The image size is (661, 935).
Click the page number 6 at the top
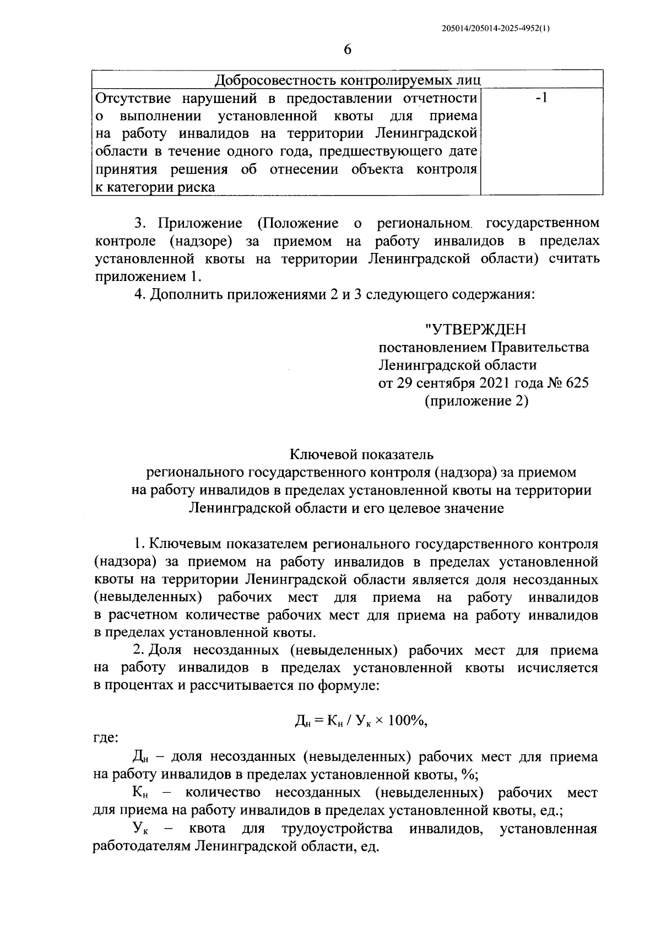click(347, 50)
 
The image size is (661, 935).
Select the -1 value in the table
click(541, 99)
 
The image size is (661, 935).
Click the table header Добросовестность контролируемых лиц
click(347, 80)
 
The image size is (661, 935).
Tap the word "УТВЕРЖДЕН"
click(475, 329)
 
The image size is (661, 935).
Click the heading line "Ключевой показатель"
click(361, 455)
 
